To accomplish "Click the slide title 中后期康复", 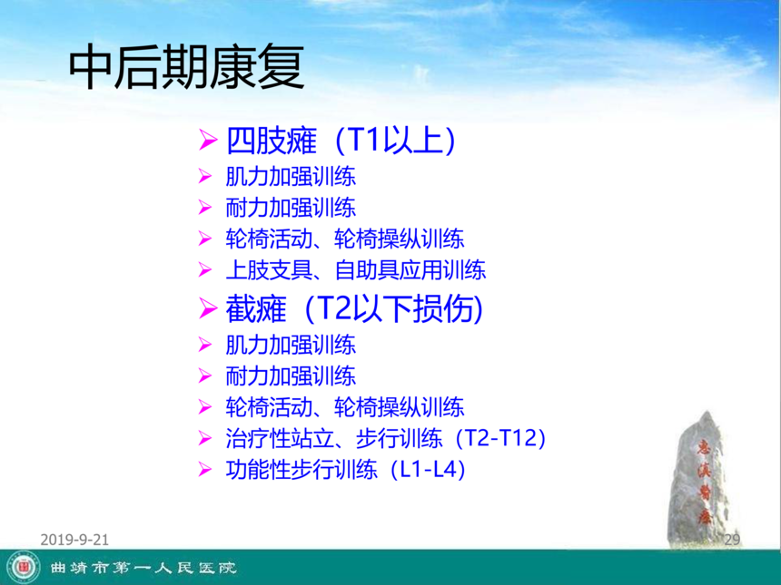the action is click(186, 66).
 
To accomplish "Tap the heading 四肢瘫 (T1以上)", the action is click(341, 141).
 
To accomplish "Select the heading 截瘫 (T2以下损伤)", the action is click(354, 308).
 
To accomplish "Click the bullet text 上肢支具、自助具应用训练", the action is click(356, 270).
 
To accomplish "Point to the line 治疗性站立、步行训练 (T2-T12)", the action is click(386, 438).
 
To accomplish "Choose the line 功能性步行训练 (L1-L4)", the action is click(346, 469).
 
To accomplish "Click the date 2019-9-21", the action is click(74, 540).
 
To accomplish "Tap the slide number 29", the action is click(732, 540).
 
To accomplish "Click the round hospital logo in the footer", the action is click(24, 568).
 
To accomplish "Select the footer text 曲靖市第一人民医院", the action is click(143, 568).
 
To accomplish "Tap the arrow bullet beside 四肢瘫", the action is click(208, 140).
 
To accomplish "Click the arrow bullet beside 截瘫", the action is click(208, 308).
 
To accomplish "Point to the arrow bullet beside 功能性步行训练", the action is click(204, 469).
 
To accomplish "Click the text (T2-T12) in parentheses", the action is click(501, 438).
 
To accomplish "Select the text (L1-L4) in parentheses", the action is click(429, 469).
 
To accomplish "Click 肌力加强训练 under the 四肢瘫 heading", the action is click(291, 177).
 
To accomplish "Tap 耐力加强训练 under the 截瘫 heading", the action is click(291, 376).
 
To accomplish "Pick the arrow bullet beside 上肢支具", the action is click(204, 269).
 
